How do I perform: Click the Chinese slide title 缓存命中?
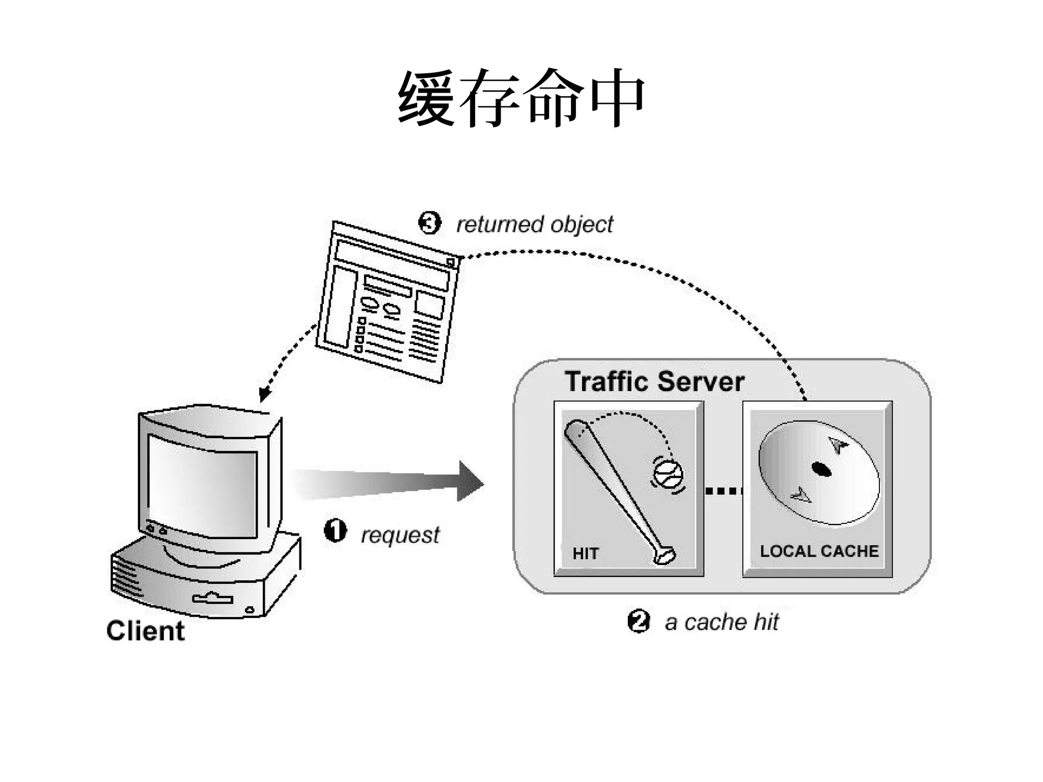521,98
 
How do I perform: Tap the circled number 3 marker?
429,223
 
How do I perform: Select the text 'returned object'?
534,225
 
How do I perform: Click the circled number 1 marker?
335,531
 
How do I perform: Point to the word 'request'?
400,535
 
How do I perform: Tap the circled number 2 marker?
639,621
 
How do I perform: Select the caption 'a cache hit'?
722,622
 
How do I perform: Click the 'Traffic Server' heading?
654,381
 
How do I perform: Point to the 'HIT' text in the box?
585,553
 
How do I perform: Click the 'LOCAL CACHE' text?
819,551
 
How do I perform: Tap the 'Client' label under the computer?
145,631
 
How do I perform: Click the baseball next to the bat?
668,474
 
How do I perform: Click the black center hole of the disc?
820,469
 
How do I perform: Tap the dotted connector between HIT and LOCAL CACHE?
723,491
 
